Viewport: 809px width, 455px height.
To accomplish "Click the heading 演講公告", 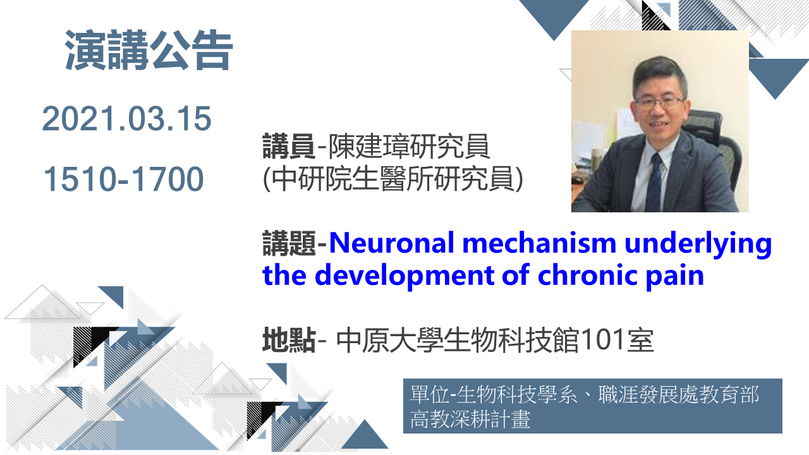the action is pyautogui.click(x=149, y=50).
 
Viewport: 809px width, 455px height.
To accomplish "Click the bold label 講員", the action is pyautogui.click(x=289, y=146).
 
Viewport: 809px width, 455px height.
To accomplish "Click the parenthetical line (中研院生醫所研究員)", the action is pyautogui.click(x=393, y=178).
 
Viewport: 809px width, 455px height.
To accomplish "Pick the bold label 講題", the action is pyautogui.click(x=289, y=243).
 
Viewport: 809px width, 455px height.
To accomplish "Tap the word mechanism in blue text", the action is pyautogui.click(x=539, y=243).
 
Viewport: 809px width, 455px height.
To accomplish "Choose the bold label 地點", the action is pyautogui.click(x=289, y=340).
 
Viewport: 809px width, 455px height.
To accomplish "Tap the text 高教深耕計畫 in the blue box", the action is pyautogui.click(x=470, y=419).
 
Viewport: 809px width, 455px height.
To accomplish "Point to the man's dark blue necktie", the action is pyautogui.click(x=654, y=183).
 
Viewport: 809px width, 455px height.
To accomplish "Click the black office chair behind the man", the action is pyautogui.click(x=717, y=145).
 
